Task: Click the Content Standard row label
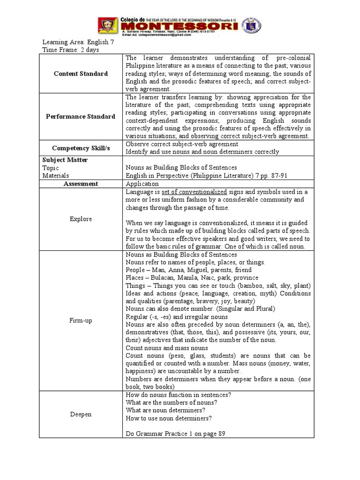81,74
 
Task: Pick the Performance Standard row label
81,116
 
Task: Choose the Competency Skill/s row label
81,148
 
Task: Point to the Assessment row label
81,184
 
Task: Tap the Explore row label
81,219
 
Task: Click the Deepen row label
81,414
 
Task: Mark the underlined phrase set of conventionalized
194,192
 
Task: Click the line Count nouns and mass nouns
167,348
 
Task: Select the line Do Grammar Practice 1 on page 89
176,434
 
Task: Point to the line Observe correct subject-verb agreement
182,144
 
